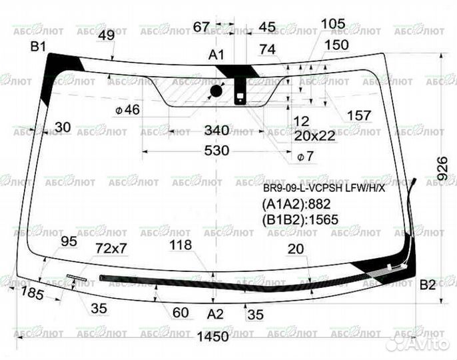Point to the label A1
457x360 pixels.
(x=217, y=55)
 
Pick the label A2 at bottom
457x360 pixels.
(x=215, y=313)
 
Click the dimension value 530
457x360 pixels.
(x=217, y=151)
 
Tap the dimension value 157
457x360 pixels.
(x=359, y=115)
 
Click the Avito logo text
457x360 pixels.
(x=432, y=343)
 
